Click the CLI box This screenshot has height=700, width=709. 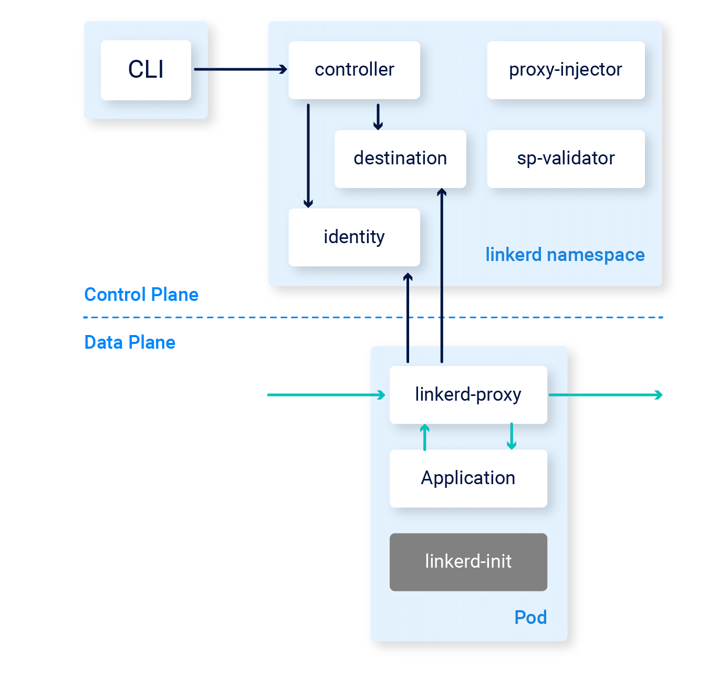(146, 70)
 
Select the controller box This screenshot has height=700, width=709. (354, 70)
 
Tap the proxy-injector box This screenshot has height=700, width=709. (566, 70)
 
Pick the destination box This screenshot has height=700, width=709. (400, 159)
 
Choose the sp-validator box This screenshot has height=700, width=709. (566, 159)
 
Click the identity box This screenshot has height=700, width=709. (354, 237)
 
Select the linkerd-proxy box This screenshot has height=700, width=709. (468, 394)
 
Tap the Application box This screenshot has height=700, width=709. (468, 478)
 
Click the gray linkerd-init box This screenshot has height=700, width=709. (468, 562)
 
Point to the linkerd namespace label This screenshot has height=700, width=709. (565, 255)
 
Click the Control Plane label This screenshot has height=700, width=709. (141, 295)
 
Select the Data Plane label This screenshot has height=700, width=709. (130, 342)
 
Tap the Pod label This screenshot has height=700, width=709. (530, 618)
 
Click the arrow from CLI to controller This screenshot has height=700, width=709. (241, 69)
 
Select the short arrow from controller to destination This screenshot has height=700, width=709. (378, 117)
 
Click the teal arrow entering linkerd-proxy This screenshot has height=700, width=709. (326, 395)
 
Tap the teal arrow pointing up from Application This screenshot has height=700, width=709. (425, 437)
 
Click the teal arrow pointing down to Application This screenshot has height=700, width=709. (512, 436)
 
